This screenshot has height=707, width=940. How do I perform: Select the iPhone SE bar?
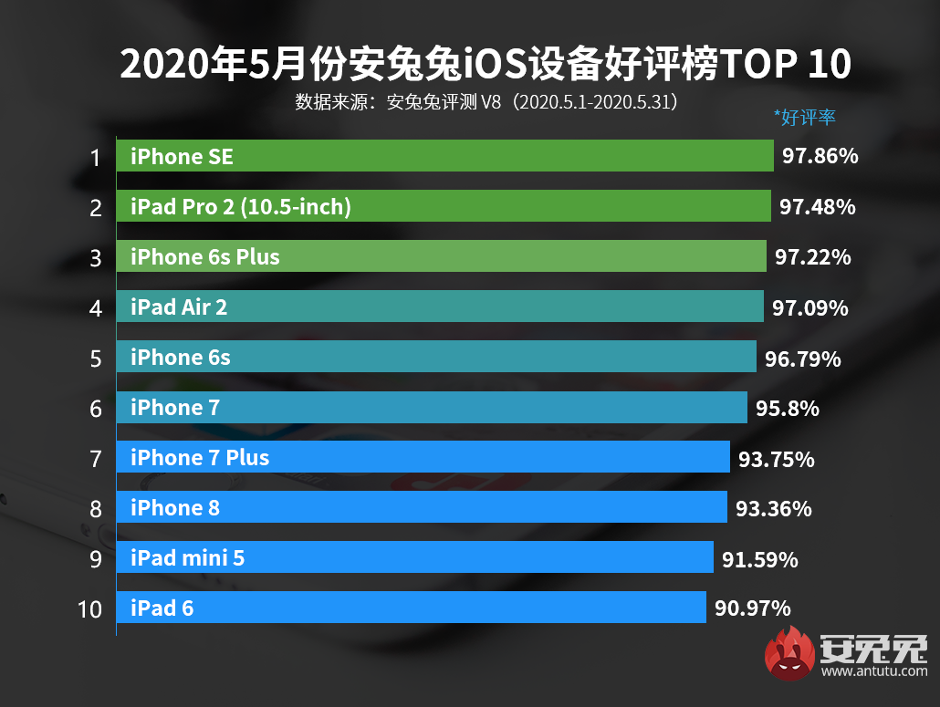[x=444, y=156]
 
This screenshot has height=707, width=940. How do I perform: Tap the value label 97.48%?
[x=818, y=207]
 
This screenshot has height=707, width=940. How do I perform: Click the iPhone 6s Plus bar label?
[x=205, y=257]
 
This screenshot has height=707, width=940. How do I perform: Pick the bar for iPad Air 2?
[x=439, y=307]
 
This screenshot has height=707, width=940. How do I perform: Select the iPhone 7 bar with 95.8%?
[x=431, y=407]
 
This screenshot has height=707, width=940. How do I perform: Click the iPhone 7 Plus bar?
[x=423, y=457]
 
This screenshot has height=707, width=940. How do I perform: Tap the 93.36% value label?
[x=774, y=508]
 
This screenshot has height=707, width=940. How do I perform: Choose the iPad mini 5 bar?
[x=414, y=557]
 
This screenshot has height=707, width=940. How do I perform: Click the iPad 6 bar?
[x=411, y=608]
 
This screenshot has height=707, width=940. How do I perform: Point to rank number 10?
[x=90, y=608]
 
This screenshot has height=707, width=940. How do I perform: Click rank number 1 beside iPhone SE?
[x=95, y=158]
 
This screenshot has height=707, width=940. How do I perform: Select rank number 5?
[x=96, y=359]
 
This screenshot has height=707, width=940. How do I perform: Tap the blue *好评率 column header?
[x=805, y=117]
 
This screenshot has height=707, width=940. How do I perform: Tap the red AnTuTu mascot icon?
[x=790, y=653]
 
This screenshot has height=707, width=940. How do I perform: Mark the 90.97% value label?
[x=753, y=608]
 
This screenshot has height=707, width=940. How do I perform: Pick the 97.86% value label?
[x=820, y=157]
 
